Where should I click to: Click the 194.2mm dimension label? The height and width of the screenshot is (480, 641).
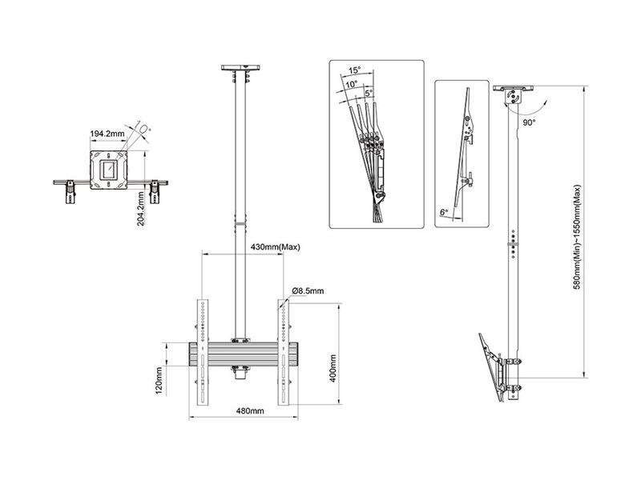[107, 134]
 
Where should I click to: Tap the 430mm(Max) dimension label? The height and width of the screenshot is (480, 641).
[275, 247]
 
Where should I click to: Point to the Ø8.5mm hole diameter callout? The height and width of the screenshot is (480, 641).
[308, 291]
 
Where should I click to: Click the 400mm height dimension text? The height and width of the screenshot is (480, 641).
[333, 369]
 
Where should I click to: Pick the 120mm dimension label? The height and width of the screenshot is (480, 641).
[159, 381]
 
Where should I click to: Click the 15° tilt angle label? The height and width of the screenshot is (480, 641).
[354, 70]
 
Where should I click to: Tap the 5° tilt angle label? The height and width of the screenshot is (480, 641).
[369, 93]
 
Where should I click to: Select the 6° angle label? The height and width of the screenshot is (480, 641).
[444, 212]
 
